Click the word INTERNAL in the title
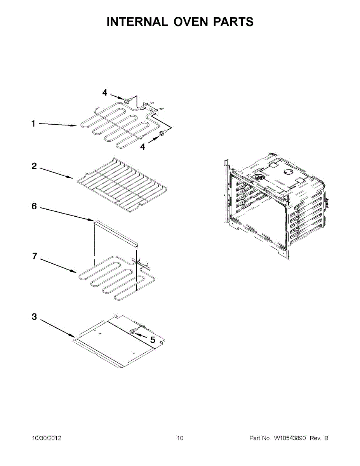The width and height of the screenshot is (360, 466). [x=137, y=22]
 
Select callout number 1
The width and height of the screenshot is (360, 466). [x=33, y=123]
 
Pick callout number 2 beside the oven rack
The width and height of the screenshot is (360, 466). [x=34, y=166]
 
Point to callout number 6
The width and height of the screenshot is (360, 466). [x=34, y=206]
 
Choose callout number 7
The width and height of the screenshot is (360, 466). [x=35, y=256]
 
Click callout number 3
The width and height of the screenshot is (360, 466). [x=34, y=316]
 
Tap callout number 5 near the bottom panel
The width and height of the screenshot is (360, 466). [x=153, y=340]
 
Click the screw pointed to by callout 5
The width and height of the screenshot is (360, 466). [x=132, y=331]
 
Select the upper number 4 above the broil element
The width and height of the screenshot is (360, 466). [x=104, y=93]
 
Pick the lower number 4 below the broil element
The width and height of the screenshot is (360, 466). [x=143, y=147]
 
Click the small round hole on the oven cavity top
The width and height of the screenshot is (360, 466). [x=288, y=172]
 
